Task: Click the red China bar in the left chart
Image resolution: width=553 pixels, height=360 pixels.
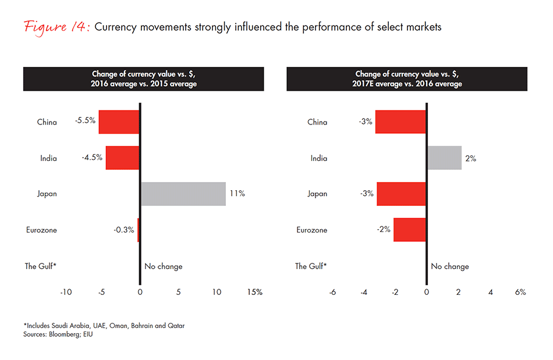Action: [x=119, y=122]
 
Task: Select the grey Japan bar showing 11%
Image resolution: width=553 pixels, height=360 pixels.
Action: [x=183, y=194]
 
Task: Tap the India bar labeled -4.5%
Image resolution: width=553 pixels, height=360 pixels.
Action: [x=122, y=158]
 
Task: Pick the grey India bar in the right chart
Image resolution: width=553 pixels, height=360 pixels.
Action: [x=444, y=158]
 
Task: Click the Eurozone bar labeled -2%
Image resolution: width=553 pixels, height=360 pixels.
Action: [x=410, y=230]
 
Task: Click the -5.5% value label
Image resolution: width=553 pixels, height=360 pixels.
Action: [x=86, y=122]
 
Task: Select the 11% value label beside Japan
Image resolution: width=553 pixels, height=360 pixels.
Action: [x=237, y=194]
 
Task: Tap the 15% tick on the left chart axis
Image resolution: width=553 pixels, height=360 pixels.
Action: [x=255, y=293]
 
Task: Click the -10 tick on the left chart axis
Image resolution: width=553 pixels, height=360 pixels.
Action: [x=66, y=293]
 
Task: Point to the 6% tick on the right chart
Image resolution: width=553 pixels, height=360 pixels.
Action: [x=520, y=293]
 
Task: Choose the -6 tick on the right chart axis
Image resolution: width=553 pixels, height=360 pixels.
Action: [x=332, y=293]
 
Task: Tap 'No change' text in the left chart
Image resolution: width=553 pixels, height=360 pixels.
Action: [x=163, y=266]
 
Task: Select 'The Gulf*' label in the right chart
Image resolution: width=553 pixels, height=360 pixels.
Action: [x=311, y=266]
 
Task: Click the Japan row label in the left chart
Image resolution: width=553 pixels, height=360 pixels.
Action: [x=47, y=194]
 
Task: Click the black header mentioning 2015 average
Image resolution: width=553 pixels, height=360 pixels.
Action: [x=144, y=79]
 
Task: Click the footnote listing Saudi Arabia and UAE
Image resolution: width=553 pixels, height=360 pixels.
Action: [x=104, y=326]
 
